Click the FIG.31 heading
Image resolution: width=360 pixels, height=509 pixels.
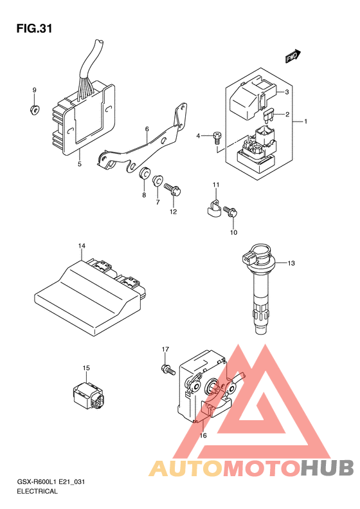point(34,29)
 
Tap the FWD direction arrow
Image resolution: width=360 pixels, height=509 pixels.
point(293,56)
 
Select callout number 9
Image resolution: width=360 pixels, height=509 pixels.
point(34,90)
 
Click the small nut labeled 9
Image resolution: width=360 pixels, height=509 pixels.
point(34,110)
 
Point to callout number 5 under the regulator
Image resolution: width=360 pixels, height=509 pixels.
point(80,164)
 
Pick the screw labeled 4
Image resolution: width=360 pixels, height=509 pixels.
point(217,137)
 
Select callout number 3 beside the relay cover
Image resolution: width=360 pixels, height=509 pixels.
point(287,92)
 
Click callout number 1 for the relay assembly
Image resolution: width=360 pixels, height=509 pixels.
point(305,122)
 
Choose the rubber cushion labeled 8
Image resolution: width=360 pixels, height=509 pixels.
point(144,174)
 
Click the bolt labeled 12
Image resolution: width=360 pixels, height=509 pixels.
point(172,190)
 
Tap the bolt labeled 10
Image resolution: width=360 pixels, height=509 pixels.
point(230,212)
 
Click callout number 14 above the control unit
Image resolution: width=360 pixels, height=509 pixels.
point(82,246)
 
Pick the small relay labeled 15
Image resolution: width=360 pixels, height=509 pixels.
point(89,394)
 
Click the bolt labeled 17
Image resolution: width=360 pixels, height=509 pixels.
point(168,369)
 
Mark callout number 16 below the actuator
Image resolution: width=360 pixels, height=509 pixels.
point(203,435)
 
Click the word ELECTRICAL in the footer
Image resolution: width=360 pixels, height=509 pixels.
point(37,491)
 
